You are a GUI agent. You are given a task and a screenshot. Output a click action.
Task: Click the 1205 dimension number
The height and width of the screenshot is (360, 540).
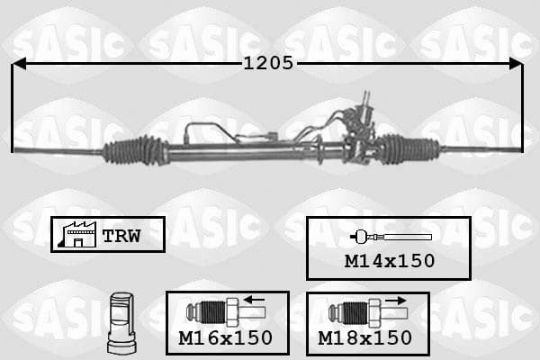268,63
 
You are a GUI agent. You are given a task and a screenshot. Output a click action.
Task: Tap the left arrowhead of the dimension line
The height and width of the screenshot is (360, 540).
19,64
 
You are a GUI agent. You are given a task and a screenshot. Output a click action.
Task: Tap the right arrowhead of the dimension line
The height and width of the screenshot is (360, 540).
516,64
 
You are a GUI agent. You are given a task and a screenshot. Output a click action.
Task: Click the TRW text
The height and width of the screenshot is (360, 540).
121,236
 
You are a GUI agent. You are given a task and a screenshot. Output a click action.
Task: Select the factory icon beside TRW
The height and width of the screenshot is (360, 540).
77,234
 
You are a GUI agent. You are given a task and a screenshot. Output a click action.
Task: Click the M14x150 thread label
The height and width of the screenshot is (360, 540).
390,261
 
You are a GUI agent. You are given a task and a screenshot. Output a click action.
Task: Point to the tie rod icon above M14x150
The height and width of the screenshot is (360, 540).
391,237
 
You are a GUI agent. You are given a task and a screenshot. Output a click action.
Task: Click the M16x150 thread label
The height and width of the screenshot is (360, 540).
226,337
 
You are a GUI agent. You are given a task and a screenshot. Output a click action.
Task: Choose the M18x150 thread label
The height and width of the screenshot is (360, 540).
365,338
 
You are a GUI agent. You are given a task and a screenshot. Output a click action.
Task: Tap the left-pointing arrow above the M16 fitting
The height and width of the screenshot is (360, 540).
254,300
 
